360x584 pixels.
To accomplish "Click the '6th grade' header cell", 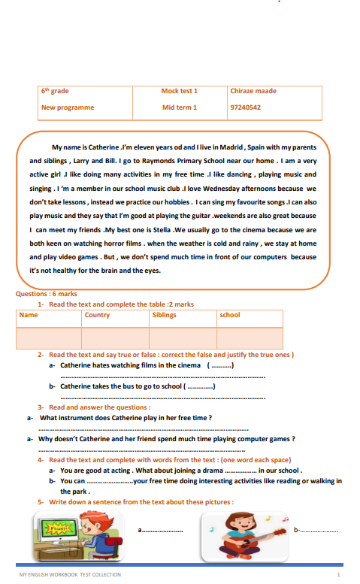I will pos(55,92).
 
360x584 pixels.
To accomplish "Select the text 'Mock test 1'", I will pos(179,92).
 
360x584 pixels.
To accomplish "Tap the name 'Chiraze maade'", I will pos(253,92).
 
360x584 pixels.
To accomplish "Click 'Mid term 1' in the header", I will pos(179,107).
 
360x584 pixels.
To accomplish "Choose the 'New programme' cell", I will pos(68,107).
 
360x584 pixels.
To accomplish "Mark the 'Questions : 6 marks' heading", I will pos(46,294).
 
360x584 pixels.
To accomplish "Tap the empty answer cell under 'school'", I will pos(250,337).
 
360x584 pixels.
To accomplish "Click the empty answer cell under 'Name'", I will pos(48,337).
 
